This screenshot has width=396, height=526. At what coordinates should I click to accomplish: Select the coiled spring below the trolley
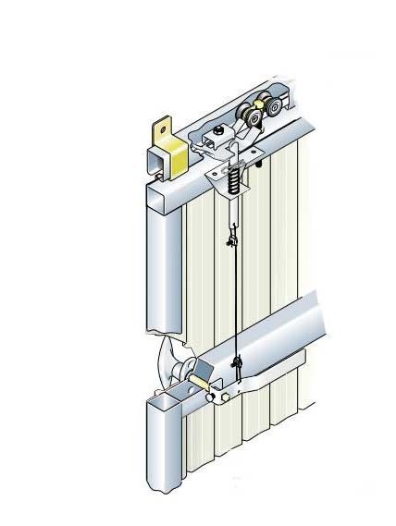[234, 176]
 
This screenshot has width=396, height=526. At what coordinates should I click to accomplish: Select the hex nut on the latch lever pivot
[223, 395]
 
